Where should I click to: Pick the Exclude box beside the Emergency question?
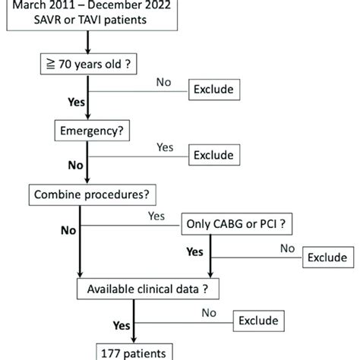pyautogui.click(x=213, y=156)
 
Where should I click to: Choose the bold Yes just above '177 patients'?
pyautogui.click(x=120, y=325)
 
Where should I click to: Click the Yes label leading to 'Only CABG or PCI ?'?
pyautogui.click(x=157, y=216)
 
